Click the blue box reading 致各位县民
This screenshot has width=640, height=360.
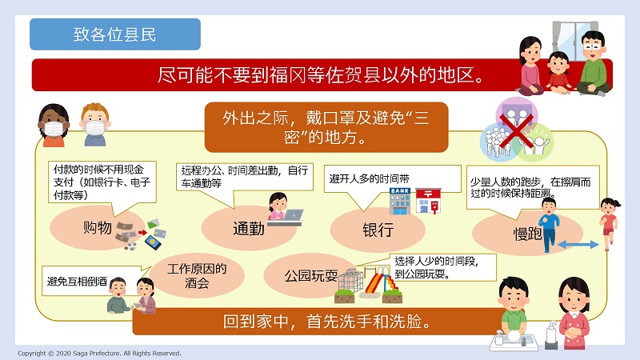(x=115, y=34)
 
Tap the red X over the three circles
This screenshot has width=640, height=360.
(x=516, y=130)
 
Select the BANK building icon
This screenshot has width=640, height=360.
(x=399, y=201)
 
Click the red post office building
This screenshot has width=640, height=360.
(x=428, y=201)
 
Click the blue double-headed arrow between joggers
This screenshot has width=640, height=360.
(x=578, y=245)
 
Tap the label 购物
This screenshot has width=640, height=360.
(x=98, y=227)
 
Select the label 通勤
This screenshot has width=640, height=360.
(x=249, y=229)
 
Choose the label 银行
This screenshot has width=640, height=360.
(x=378, y=230)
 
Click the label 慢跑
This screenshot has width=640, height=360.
(x=528, y=234)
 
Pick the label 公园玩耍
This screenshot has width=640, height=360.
(x=311, y=276)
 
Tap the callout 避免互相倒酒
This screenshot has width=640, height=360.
(x=77, y=282)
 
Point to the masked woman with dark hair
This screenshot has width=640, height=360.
(x=54, y=126)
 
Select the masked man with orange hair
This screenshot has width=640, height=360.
(x=95, y=126)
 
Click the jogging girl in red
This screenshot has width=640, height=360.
(x=609, y=223)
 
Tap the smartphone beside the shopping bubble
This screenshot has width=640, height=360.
(x=153, y=242)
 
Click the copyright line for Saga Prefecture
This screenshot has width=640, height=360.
(x=99, y=353)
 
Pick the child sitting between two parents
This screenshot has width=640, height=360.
(x=558, y=73)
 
